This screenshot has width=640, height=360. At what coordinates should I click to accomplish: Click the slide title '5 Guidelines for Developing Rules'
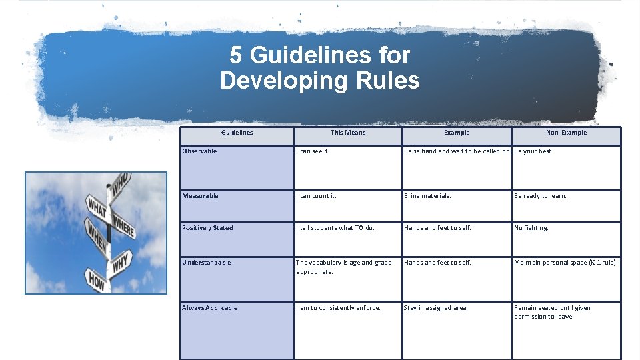coord(319,67)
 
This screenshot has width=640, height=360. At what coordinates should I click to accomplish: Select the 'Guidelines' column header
coord(237,133)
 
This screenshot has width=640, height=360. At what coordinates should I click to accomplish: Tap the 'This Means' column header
coord(348,133)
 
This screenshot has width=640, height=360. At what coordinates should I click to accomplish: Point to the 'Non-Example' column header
coord(566,133)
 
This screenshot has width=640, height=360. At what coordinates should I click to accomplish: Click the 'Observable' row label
coord(199,151)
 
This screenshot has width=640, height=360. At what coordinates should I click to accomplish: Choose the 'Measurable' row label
coord(200,196)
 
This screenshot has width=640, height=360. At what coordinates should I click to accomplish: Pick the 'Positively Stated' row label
coord(207,228)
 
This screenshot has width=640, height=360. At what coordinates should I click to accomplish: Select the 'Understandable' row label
coord(206,263)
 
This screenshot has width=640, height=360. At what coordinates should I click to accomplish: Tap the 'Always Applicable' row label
coord(209,308)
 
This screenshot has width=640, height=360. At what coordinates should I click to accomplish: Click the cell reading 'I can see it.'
coord(312,151)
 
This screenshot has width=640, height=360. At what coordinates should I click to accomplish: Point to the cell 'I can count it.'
coord(316,196)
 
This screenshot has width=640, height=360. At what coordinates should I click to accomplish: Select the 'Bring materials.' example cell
coord(427,196)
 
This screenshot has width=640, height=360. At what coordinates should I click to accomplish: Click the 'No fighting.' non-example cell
coord(531,228)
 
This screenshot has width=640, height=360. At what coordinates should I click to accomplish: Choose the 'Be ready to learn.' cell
coord(540,196)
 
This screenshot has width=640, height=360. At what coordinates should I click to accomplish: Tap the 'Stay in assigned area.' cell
coord(435,308)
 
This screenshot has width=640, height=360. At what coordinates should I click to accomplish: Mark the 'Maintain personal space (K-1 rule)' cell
coord(565,263)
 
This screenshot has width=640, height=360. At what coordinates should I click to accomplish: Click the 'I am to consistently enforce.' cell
coord(338,308)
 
